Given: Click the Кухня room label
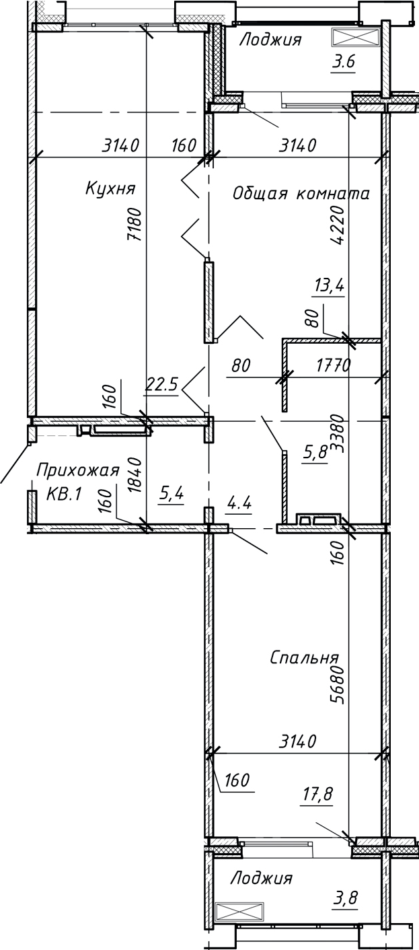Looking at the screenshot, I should (110, 188).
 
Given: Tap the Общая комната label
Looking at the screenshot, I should (301, 194).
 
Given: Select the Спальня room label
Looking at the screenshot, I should (304, 657).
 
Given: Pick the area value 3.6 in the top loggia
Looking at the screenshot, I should (343, 63).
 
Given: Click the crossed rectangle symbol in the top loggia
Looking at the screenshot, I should (354, 36).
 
